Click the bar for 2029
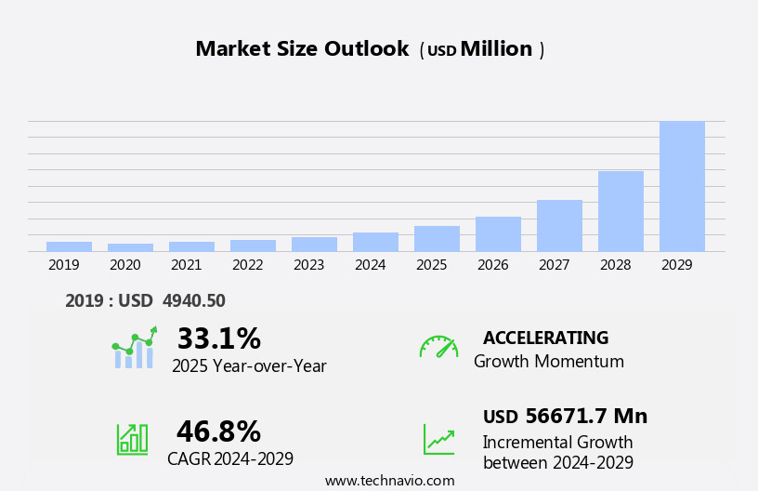tap(682, 186)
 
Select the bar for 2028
tap(621, 211)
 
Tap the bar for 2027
tap(559, 225)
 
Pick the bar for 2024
tap(375, 242)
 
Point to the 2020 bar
tap(130, 247)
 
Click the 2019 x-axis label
tap(64, 265)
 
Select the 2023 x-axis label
tap(309, 265)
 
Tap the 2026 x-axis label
tap(493, 265)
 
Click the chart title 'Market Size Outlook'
tap(302, 49)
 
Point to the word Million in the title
tap(496, 49)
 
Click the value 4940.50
tap(193, 300)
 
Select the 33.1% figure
tap(218, 338)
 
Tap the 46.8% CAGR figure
tap(218, 431)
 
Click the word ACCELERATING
tap(545, 338)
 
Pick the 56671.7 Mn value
tap(585, 416)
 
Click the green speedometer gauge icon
tap(438, 347)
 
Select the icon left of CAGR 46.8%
tap(132, 438)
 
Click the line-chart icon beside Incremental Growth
tap(438, 439)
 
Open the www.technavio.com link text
tap(389, 481)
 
